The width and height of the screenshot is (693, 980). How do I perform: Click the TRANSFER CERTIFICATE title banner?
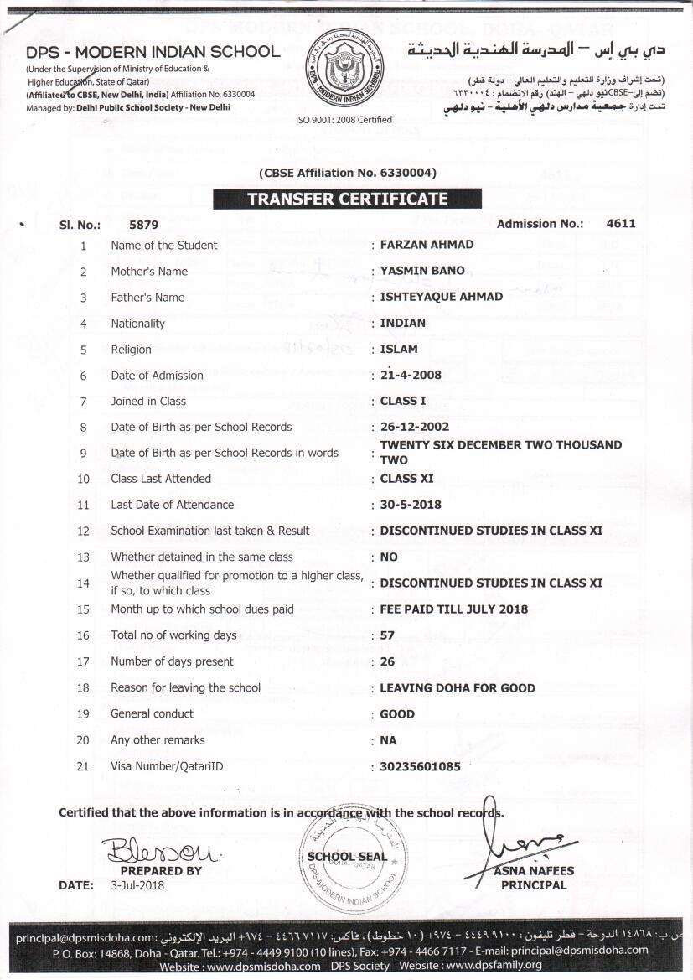click(x=347, y=200)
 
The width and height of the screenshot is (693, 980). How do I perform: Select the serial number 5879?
click(x=143, y=225)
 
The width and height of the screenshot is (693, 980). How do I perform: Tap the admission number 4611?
click(x=621, y=223)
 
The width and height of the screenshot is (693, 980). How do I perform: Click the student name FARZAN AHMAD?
click(x=427, y=245)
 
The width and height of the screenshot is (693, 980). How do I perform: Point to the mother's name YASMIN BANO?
click(x=422, y=271)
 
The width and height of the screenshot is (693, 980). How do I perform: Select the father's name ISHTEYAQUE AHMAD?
click(x=442, y=297)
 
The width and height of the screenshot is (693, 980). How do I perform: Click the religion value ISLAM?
click(x=399, y=349)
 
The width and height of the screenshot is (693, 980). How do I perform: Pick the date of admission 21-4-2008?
click(x=411, y=375)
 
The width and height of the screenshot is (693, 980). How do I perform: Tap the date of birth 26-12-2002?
click(x=415, y=427)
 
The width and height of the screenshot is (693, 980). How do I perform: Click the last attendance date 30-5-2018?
click(x=411, y=505)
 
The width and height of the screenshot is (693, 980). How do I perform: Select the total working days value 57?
click(x=387, y=635)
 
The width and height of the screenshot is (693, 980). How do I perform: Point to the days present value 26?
click(x=387, y=661)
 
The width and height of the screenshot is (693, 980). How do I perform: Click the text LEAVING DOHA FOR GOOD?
click(x=458, y=687)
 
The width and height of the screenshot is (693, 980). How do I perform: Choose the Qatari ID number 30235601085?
click(x=420, y=766)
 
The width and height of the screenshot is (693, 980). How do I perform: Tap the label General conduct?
click(x=153, y=713)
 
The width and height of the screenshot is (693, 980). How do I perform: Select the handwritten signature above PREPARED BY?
click(x=161, y=852)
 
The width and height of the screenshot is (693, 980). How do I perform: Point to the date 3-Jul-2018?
click(x=138, y=885)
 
